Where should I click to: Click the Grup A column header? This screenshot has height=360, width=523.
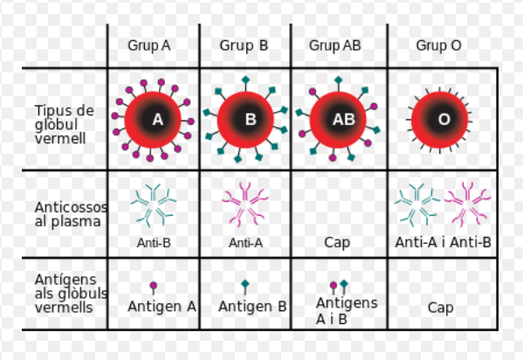point(149,45)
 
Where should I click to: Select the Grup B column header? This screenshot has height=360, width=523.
point(244,45)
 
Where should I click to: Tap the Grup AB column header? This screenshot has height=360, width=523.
point(335,45)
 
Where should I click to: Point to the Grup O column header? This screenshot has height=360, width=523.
point(438,45)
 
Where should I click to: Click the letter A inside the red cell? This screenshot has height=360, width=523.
point(158,120)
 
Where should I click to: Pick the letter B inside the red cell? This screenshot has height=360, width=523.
point(251,120)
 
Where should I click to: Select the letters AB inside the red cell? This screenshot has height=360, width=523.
point(344,120)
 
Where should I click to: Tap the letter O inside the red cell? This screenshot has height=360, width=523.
point(444,120)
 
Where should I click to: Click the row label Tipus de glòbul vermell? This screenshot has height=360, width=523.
point(65,124)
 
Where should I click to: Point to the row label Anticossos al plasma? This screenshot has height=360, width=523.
point(71,214)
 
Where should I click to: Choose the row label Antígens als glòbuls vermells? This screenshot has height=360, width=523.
point(71,294)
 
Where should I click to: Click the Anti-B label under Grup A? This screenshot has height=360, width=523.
point(154,243)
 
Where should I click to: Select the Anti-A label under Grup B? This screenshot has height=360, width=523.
point(246,243)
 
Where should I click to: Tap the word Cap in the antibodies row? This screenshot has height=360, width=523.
point(337,243)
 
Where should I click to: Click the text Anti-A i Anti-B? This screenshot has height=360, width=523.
point(444,242)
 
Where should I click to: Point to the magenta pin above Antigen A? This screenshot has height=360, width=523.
point(154,287)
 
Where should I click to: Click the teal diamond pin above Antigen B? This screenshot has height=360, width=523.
point(245,286)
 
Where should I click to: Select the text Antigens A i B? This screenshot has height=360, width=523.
point(347,311)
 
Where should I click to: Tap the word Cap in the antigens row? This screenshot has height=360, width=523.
point(441,308)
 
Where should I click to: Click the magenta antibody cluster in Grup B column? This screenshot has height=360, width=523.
point(245,204)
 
